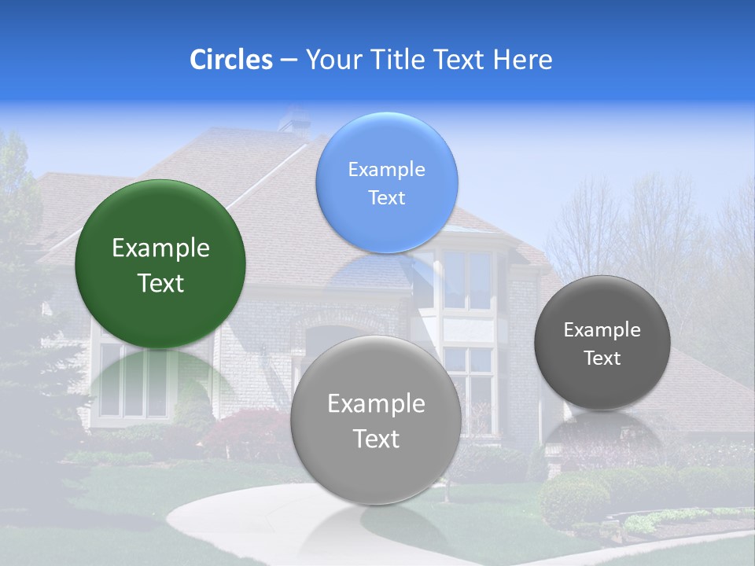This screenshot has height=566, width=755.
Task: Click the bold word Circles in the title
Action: coord(230,60)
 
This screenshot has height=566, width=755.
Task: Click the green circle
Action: coord(160,228)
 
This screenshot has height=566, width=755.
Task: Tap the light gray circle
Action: coord(376,472)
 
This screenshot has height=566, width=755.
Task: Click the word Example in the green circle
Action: coord(160,248)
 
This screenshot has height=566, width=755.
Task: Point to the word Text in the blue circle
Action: coord(386,198)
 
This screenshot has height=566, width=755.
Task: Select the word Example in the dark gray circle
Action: coord(602,330)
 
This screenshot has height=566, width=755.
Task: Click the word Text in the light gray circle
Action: coord(376,439)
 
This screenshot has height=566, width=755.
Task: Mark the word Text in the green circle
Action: coord(160,283)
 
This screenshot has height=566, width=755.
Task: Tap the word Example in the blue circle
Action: coord(386,170)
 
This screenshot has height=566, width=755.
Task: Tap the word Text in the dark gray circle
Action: coord(602,358)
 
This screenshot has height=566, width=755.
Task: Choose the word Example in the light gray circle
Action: coord(376,404)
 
